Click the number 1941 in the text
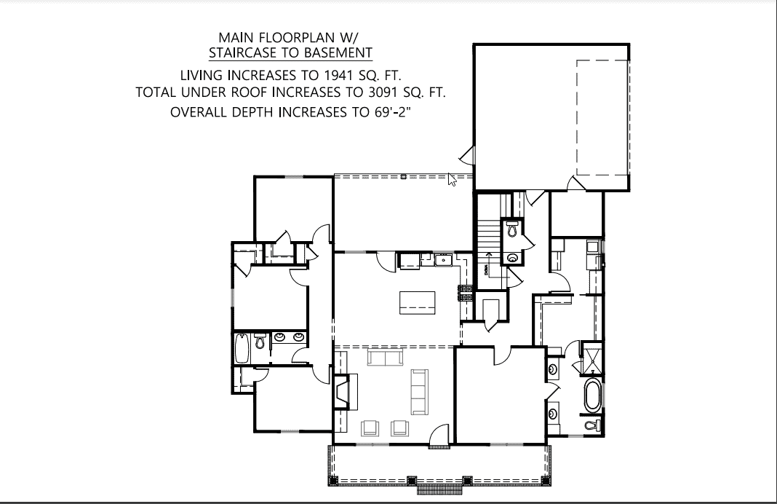[x=344, y=75]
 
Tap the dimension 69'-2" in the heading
[x=396, y=113]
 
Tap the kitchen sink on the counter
[x=443, y=259]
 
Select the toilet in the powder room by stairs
[x=512, y=229]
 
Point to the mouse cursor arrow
[x=452, y=179]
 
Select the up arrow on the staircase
[x=487, y=256]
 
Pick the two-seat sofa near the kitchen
[x=385, y=358]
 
